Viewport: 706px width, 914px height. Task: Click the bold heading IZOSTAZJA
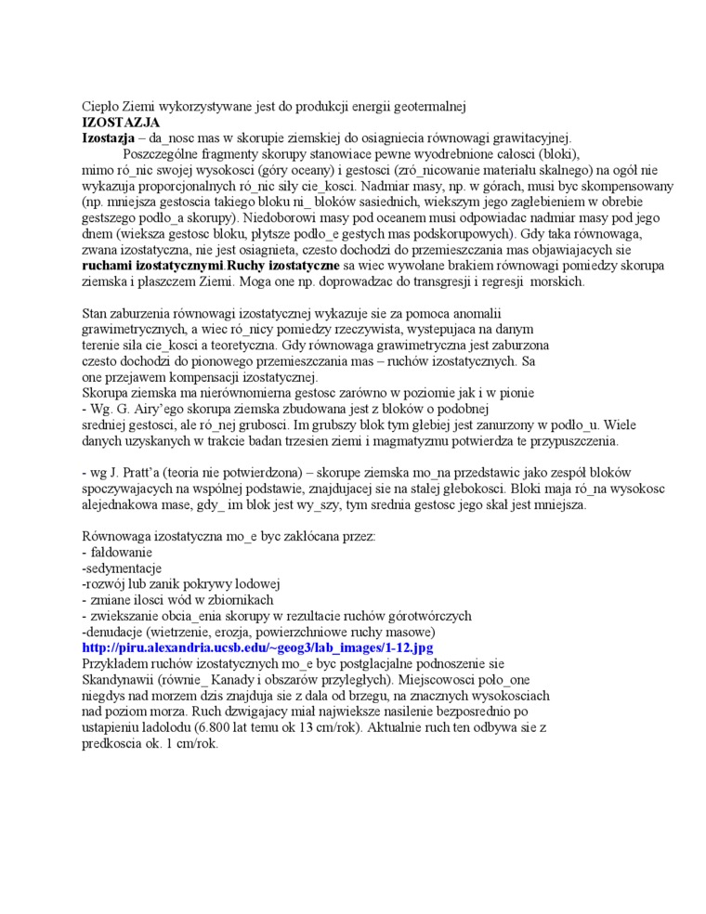pos(121,122)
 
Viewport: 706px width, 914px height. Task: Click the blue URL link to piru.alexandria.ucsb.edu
pos(258,646)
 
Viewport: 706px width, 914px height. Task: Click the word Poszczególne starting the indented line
pos(165,154)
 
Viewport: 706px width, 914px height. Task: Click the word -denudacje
pos(115,632)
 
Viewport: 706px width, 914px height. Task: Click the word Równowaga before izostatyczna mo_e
pos(117,536)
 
